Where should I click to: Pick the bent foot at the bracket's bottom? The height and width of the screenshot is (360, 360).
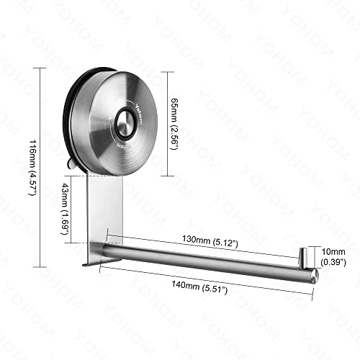90,264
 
